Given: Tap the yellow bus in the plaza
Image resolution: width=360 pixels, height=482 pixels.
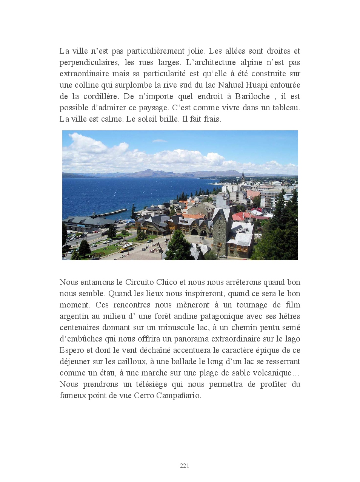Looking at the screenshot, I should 126,247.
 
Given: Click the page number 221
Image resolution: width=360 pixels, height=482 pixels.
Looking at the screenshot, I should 185,465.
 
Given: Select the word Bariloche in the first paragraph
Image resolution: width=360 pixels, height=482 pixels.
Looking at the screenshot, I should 252,96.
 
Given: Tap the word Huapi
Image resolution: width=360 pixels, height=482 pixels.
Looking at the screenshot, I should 257,85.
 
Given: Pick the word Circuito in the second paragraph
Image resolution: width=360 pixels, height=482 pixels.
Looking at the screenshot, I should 140,282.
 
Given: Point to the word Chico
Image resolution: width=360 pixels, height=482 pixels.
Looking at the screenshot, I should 166,282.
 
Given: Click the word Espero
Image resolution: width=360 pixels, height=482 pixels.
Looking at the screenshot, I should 72,350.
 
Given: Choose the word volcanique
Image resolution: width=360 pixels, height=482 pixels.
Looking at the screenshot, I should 271,373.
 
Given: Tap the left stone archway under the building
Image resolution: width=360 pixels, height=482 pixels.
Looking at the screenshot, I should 194,232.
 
